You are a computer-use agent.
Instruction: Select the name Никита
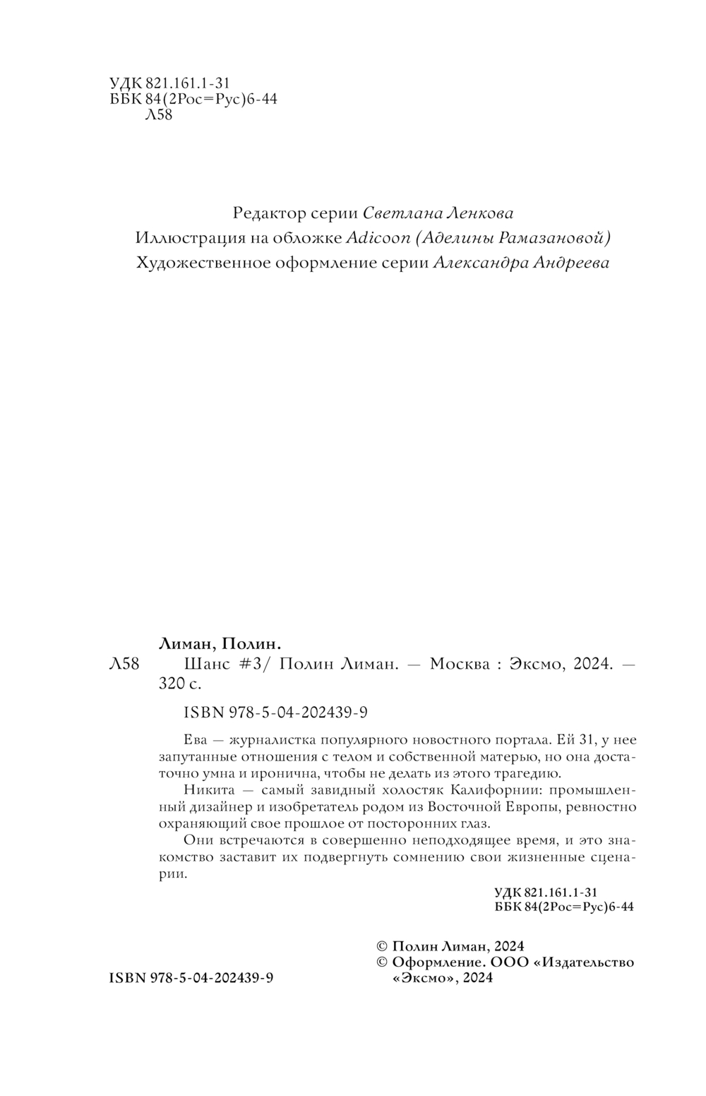(x=205, y=790)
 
